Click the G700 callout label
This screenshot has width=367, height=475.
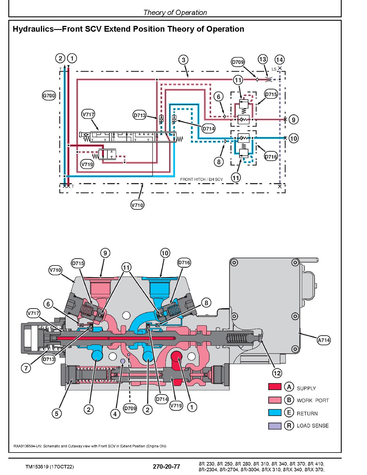pos(49,96)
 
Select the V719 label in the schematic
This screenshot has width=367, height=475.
pos(87,165)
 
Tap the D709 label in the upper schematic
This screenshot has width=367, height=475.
pos(238,62)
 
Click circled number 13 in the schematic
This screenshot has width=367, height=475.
pos(263,59)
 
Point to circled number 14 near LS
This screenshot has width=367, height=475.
pos(279,60)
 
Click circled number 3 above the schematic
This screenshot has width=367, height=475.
pos(183,60)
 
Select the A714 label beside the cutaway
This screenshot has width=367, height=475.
pos(324,340)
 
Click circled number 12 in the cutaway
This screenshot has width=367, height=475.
pos(277,373)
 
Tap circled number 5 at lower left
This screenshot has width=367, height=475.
pos(57,414)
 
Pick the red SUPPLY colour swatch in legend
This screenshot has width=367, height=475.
pos(275,387)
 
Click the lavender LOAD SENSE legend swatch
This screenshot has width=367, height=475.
pos(275,426)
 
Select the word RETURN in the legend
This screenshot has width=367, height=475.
pos(307,413)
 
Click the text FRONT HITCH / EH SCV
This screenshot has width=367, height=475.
pos(201,179)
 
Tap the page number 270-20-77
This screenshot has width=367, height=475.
pos(166,467)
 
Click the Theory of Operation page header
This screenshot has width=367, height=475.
pos(175,13)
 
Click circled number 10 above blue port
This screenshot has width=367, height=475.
pos(165,253)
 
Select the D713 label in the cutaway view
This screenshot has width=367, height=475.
pos(48,359)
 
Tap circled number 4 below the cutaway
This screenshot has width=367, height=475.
pos(115,414)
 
